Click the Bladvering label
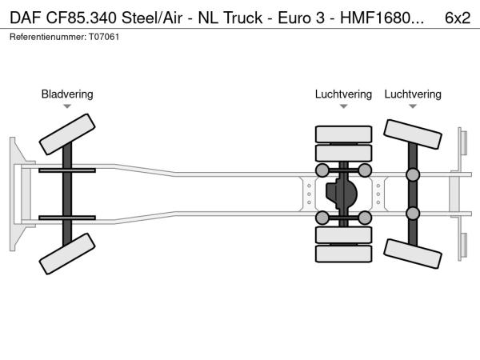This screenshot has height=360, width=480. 67,94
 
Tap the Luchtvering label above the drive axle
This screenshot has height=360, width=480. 343,94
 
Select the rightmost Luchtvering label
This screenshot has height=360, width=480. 413,94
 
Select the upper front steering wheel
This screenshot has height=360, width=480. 67,133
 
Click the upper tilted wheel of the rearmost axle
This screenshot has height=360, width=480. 413,135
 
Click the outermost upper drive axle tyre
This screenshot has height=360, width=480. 343,134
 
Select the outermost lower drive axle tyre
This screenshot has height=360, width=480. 343,254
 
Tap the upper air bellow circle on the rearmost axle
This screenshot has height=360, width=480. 413,174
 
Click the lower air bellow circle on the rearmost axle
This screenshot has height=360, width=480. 413,213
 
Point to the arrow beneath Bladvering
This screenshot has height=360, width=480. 67,106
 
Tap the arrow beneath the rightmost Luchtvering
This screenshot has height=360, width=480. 413,106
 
